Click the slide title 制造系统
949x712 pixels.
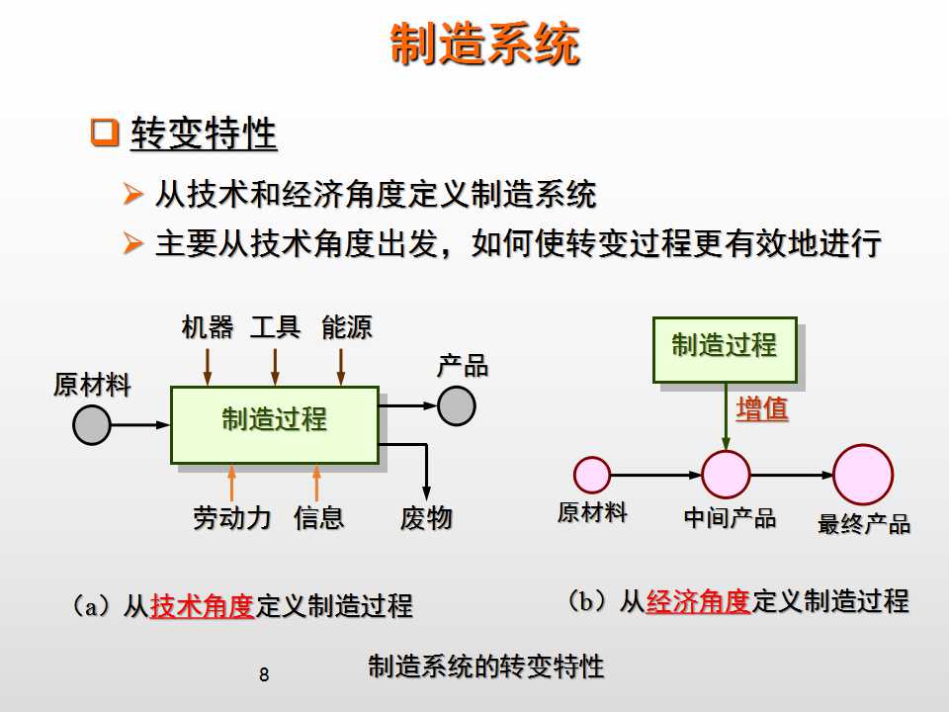coord(484,45)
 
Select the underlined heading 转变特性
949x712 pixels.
coord(204,134)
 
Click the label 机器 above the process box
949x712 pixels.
coord(208,327)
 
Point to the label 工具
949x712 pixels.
coord(276,327)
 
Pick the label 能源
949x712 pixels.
coord(346,327)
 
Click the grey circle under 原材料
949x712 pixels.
coord(92,425)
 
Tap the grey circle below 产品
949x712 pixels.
coord(457,405)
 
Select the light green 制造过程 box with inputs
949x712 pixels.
coord(274,424)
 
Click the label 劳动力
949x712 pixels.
coord(232,517)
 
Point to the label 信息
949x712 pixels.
coord(318,517)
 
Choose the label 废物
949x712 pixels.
coord(426,517)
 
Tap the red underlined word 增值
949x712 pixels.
coord(762,409)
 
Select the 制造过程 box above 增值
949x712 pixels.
coord(725,348)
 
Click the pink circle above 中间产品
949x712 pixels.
coord(727,474)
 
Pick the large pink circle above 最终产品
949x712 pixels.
coord(862,474)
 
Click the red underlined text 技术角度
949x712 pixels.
coord(202,605)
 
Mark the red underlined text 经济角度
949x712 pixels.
coord(698,600)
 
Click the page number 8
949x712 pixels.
coord(263,676)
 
